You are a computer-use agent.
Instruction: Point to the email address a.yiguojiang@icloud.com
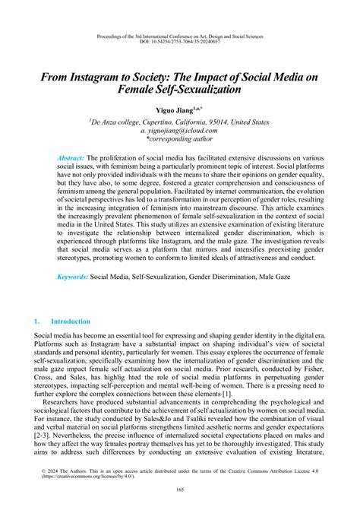180,131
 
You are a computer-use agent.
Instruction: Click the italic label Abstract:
75,157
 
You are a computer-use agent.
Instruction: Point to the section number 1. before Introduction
38,322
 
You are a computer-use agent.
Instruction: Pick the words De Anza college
120,121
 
